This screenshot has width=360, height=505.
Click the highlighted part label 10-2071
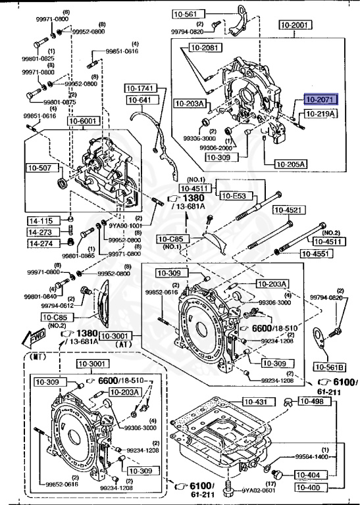pyautogui.click(x=320, y=100)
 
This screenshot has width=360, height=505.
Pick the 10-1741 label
pyautogui.click(x=139, y=88)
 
